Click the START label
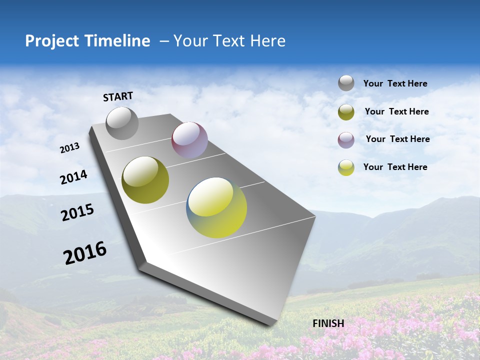click(118, 96)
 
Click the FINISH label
click(328, 323)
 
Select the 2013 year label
click(70, 148)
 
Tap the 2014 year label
click(73, 177)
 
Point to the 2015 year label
click(77, 212)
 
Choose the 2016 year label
click(85, 253)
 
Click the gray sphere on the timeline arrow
click(122, 123)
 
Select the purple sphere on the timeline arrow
click(189, 140)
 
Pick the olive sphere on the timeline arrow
click(145, 180)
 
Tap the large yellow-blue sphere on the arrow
click(216, 207)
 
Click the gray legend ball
click(346, 83)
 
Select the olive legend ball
click(346, 112)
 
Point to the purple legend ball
click(346, 140)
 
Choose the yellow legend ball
click(346, 167)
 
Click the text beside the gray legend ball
click(395, 83)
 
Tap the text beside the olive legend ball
click(396, 111)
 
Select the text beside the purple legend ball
click(397, 139)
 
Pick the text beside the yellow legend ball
click(395, 167)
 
